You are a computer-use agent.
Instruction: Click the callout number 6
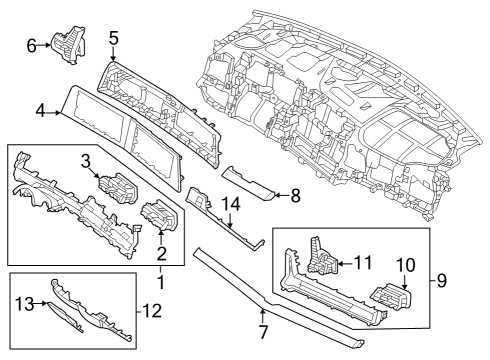[31, 44]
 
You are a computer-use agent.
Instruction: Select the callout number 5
[114, 39]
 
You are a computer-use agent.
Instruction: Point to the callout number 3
[86, 159]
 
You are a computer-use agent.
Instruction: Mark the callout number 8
[294, 196]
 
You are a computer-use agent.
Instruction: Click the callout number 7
[263, 329]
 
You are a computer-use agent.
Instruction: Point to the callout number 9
[442, 280]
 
